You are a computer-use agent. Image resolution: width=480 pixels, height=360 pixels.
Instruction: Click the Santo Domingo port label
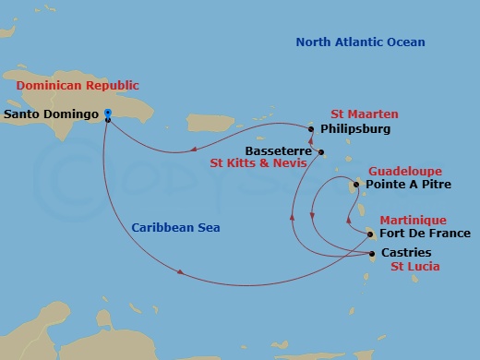click(x=51, y=115)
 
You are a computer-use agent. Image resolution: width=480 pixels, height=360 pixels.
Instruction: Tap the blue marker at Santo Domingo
click(x=108, y=114)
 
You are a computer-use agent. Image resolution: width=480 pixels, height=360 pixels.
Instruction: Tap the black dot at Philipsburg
click(x=312, y=129)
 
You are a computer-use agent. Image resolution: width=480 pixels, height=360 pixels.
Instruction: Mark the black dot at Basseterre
click(x=321, y=151)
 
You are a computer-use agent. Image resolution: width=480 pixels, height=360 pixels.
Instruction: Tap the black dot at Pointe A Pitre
click(x=357, y=186)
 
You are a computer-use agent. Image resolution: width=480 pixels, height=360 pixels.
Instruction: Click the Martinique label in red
click(x=414, y=221)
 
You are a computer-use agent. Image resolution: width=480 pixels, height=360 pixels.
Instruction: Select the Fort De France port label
click(x=424, y=234)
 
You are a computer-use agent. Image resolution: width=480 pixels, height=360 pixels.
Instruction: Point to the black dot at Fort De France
click(x=369, y=234)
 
